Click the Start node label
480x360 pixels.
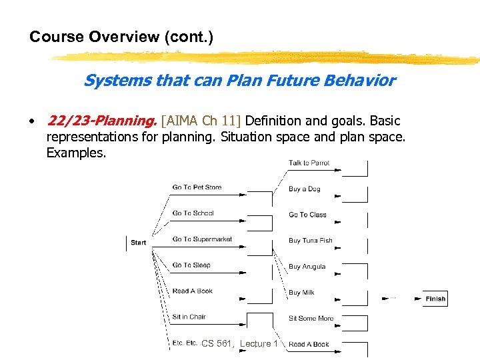(x=139, y=243)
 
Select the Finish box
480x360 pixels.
(x=435, y=299)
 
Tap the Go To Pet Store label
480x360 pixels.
(x=197, y=187)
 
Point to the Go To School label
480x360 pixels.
(x=193, y=213)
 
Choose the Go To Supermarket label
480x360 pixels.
(x=202, y=239)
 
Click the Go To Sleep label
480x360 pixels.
(x=191, y=265)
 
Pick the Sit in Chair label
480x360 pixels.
(x=189, y=317)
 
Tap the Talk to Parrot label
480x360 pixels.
(x=309, y=163)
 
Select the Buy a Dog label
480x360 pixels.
(x=304, y=189)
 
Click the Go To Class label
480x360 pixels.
(x=307, y=215)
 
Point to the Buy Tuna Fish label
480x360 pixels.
(x=310, y=241)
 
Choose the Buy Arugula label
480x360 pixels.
(x=307, y=267)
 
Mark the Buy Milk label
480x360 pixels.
(x=301, y=293)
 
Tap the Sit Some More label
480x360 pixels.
(x=311, y=319)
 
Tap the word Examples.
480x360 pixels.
(x=76, y=153)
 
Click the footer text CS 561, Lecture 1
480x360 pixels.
(x=239, y=343)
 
